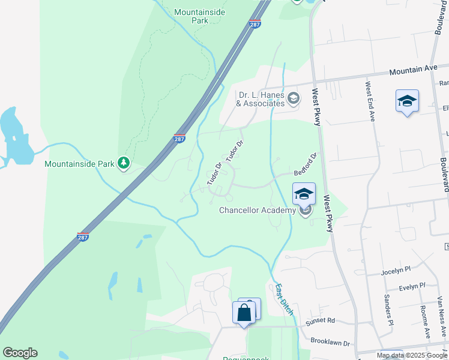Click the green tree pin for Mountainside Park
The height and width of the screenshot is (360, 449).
(x=124, y=163)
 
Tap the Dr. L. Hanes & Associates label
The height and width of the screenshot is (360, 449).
(x=261, y=99)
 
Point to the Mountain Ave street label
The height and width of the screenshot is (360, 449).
(x=414, y=70)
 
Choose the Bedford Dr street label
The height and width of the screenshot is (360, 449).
(x=305, y=164)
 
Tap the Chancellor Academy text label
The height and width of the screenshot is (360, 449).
(x=257, y=210)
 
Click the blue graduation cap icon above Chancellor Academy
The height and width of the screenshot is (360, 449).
(x=304, y=194)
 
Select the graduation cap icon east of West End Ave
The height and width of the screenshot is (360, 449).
(x=407, y=101)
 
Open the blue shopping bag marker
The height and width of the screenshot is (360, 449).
(x=244, y=313)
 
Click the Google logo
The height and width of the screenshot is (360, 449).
(x=20, y=353)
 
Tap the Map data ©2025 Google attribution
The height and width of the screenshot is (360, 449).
(x=412, y=355)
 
